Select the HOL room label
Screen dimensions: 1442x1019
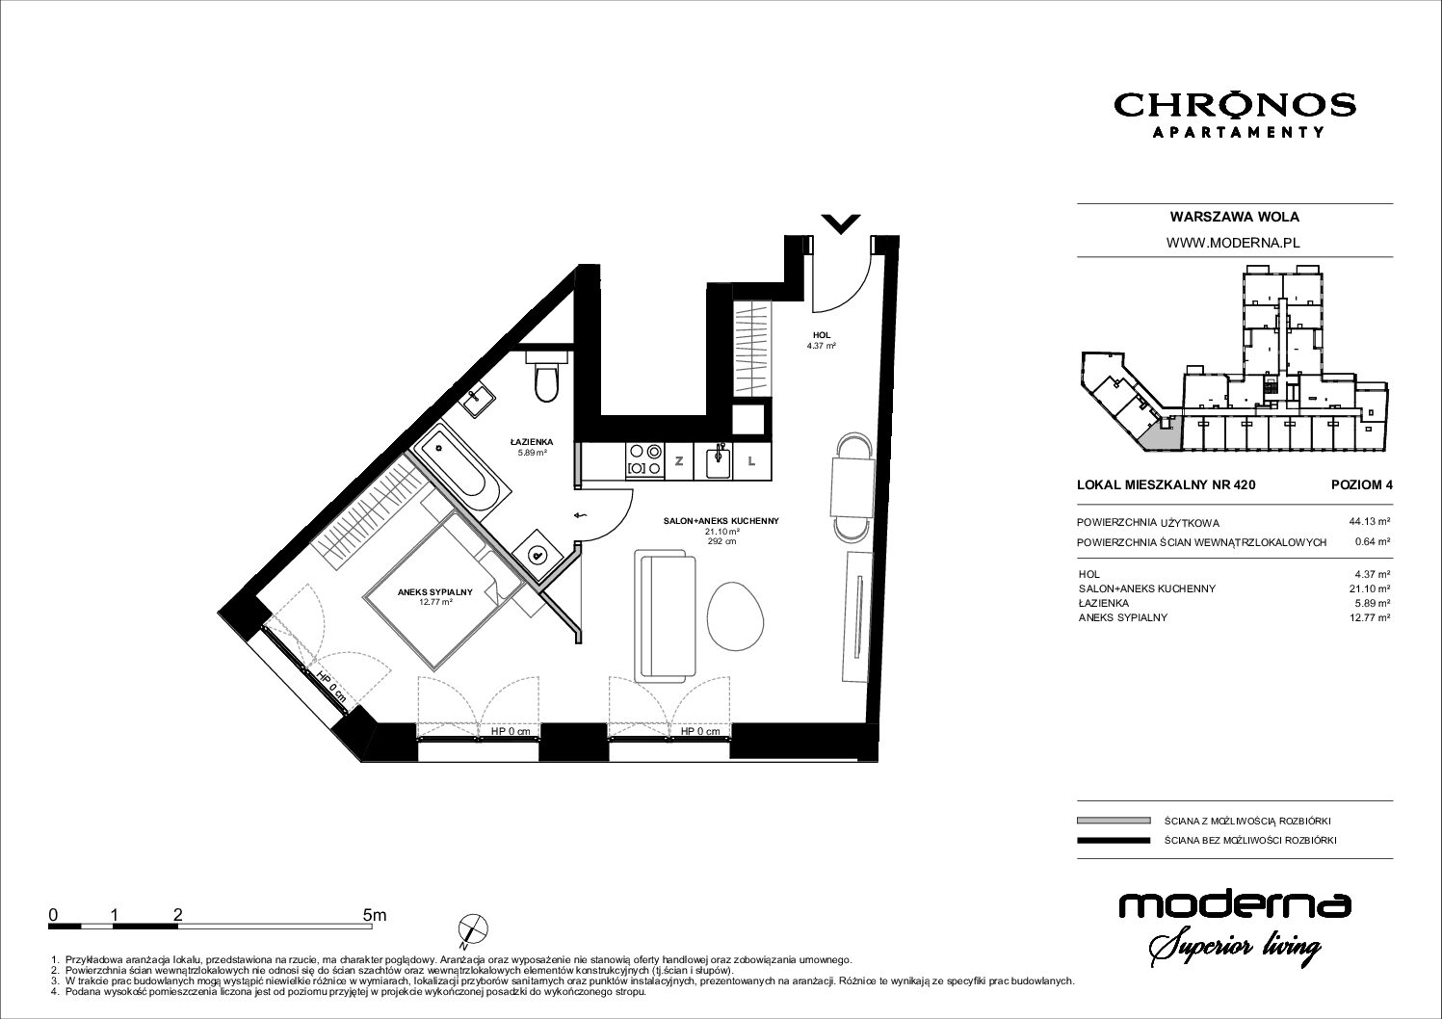[822, 335]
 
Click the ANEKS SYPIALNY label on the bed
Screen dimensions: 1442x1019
[435, 592]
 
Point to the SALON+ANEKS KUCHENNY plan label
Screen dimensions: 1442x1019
[721, 521]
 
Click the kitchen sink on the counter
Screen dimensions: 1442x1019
[719, 462]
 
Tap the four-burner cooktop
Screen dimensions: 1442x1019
[645, 461]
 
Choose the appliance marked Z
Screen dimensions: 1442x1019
[678, 461]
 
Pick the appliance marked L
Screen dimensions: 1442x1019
[751, 461]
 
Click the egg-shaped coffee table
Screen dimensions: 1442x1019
[736, 616]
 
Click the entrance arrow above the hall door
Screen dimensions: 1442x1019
[841, 223]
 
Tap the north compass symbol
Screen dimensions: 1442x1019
[473, 930]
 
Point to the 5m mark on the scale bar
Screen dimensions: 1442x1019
[375, 915]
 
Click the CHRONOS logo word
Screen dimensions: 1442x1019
[1235, 106]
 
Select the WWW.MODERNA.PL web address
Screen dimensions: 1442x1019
[1235, 243]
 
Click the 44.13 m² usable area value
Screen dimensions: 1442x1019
[1370, 522]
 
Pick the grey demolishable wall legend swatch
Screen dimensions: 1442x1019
[1113, 821]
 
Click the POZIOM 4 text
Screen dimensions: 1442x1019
[1361, 485]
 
